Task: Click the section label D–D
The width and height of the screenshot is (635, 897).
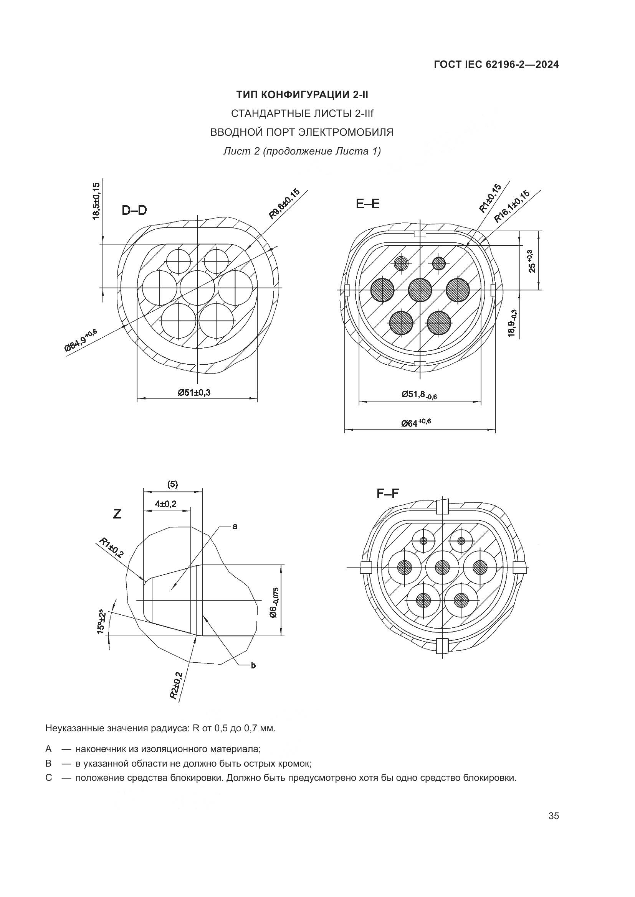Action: click(x=134, y=210)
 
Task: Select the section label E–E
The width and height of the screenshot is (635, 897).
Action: click(x=367, y=204)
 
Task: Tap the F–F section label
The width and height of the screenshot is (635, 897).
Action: click(x=387, y=494)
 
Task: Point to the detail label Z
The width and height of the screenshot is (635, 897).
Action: click(x=117, y=514)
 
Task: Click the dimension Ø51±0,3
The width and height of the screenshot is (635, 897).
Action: click(x=194, y=392)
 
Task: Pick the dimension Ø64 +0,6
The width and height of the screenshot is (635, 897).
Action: click(x=416, y=422)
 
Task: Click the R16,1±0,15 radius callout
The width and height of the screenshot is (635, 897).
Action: click(x=512, y=207)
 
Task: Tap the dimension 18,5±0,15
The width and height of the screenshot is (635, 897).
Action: click(x=96, y=201)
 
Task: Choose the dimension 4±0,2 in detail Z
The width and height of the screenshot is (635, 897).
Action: click(x=166, y=504)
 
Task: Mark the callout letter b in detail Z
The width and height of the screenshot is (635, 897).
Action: click(x=253, y=665)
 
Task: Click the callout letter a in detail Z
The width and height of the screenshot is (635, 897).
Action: click(x=235, y=527)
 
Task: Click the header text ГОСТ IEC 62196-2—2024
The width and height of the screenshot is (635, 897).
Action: click(x=496, y=65)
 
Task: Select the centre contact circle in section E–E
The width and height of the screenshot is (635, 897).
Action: click(x=420, y=290)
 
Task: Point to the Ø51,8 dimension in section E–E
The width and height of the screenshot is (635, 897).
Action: click(x=419, y=395)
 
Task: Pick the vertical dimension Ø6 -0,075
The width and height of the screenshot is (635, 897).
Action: click(x=275, y=604)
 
